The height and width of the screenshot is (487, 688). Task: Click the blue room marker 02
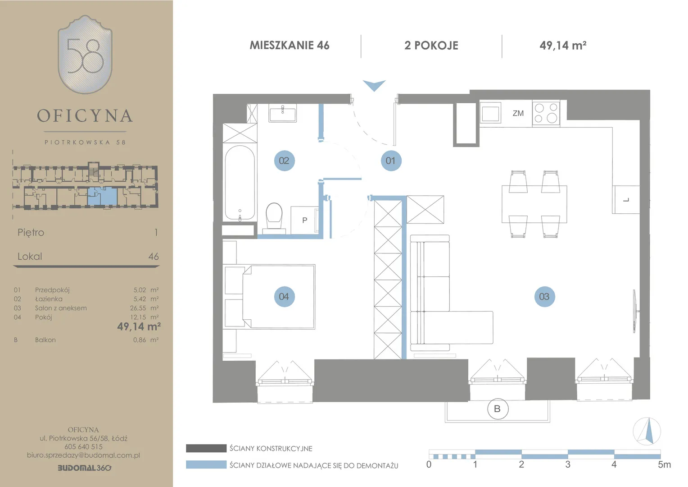(x=285, y=161)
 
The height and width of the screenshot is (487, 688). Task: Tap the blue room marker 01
(x=391, y=161)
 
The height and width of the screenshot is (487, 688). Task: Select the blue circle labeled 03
(x=544, y=297)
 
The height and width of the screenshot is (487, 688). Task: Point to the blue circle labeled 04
(x=285, y=297)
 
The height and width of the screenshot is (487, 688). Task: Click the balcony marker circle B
(x=498, y=409)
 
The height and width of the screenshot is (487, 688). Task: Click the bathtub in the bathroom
(x=240, y=183)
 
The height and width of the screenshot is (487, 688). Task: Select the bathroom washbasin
(x=283, y=113)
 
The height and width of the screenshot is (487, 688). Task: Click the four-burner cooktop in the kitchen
(x=546, y=113)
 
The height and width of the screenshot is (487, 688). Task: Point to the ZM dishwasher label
(x=518, y=113)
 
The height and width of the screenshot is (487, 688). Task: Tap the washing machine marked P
(x=305, y=220)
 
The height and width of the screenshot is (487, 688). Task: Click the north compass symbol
(x=647, y=431)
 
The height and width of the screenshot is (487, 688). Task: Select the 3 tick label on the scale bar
(x=568, y=464)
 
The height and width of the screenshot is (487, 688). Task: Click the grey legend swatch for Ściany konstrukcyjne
(x=206, y=448)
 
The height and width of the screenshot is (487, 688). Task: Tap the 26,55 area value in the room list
(x=138, y=308)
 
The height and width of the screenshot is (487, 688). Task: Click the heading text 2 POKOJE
(x=431, y=46)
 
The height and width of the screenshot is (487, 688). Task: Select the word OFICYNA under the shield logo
(x=85, y=116)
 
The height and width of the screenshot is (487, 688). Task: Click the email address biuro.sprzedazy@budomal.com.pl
(x=83, y=455)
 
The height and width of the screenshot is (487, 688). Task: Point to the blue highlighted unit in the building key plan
(x=103, y=196)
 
